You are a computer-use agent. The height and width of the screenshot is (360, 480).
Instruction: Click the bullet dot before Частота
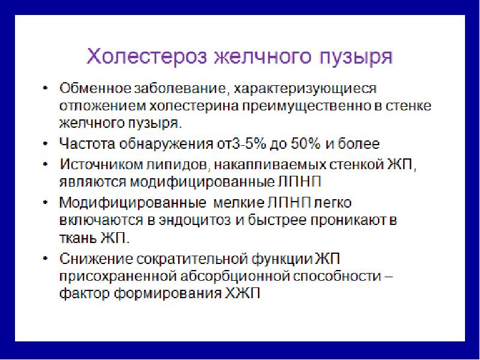point(47,144)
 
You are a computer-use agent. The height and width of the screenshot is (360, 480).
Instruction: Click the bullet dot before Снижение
point(47,259)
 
